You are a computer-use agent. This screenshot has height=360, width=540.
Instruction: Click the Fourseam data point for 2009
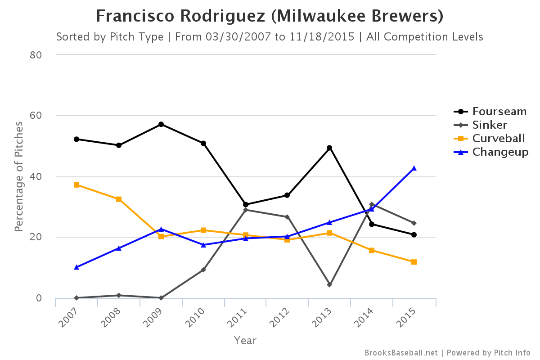click(161, 124)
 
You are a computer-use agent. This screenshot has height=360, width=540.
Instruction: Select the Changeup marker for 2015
click(414, 168)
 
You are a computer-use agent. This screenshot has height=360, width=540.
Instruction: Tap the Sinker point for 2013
click(329, 285)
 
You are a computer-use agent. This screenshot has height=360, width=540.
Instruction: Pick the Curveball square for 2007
click(76, 185)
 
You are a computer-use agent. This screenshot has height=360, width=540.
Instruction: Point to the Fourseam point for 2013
click(329, 148)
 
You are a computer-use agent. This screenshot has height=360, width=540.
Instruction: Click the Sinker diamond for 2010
click(203, 270)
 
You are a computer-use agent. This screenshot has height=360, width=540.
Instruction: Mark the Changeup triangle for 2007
click(76, 267)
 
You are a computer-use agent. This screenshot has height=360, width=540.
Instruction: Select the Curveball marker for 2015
click(414, 262)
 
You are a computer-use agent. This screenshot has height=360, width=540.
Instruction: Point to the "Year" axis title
click(245, 341)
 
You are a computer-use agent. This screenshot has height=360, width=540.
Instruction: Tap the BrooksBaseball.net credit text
click(401, 353)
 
